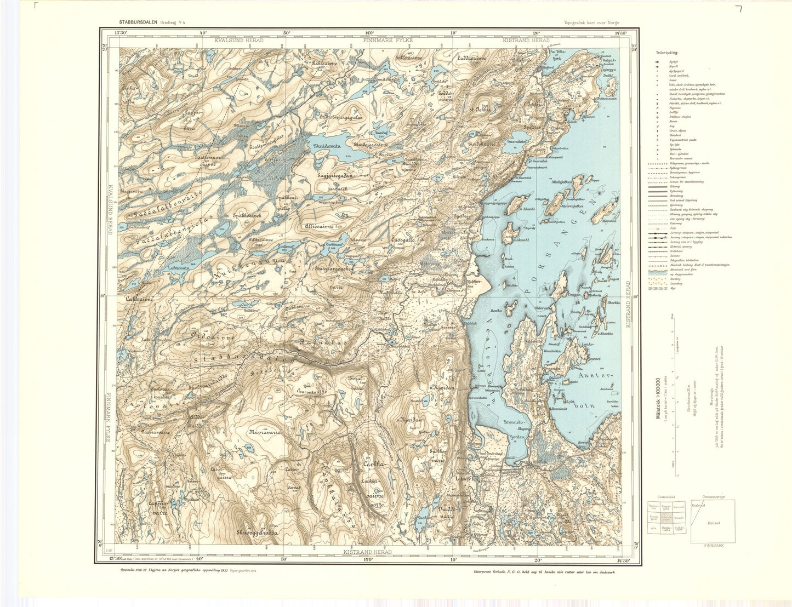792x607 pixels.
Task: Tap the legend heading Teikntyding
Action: (666, 53)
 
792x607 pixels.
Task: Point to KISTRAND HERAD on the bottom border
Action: (367, 552)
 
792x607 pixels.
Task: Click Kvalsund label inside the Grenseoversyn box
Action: (698, 505)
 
